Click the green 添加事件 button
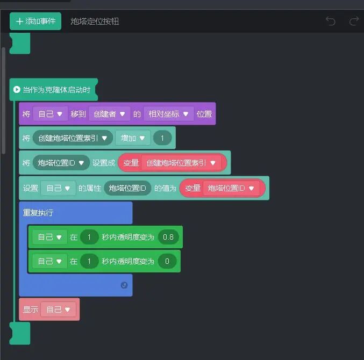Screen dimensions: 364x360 [35, 21]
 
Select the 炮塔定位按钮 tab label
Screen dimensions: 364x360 [95, 21]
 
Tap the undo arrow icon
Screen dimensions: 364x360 [331, 21]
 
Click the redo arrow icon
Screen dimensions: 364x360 [354, 21]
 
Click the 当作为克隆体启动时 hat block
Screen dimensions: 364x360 [54, 89]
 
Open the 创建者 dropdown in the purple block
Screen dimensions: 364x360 [110, 114]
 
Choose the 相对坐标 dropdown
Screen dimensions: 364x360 [168, 114]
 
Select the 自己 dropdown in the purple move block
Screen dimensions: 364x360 [50, 114]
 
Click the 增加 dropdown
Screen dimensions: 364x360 [132, 138]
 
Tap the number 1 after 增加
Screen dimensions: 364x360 [162, 138]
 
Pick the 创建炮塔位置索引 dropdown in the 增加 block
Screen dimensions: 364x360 [73, 138]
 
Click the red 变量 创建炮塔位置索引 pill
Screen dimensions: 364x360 [173, 163]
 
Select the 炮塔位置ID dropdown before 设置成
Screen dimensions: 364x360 [61, 163]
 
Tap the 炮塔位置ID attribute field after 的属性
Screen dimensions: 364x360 [127, 188]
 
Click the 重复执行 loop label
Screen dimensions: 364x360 [38, 213]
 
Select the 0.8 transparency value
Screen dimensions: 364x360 [168, 237]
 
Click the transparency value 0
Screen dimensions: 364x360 [167, 261]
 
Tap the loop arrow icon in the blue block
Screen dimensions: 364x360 [124, 285]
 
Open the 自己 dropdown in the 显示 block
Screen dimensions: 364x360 [58, 309]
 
